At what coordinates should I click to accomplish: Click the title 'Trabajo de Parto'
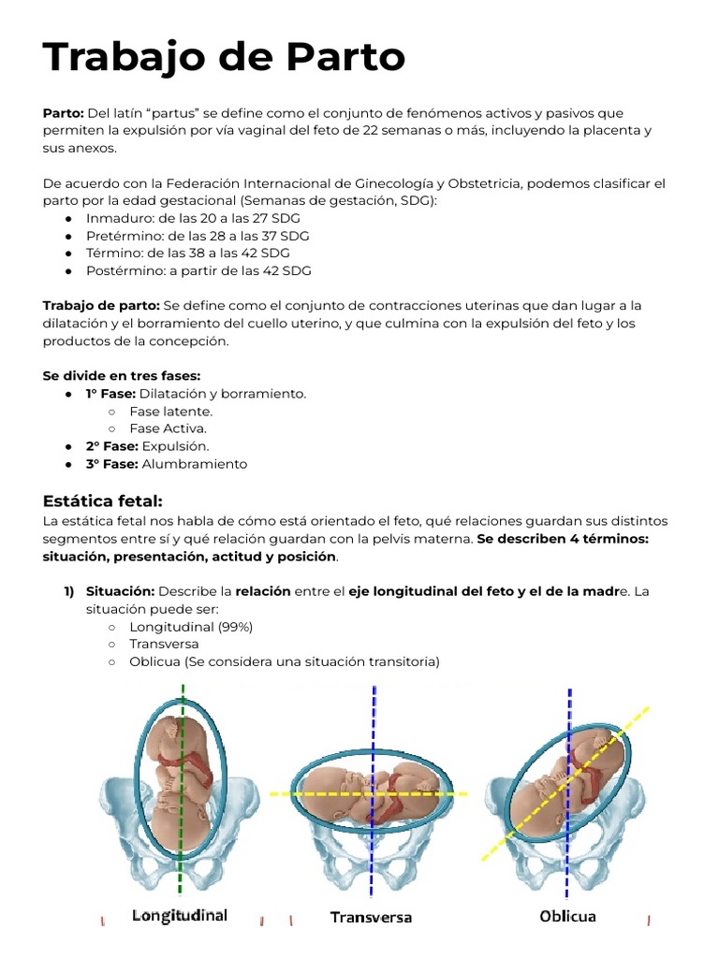tap(224, 58)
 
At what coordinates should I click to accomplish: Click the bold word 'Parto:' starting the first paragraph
tap(64, 113)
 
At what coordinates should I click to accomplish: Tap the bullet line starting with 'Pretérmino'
tap(197, 236)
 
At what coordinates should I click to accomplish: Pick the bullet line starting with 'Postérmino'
tap(198, 271)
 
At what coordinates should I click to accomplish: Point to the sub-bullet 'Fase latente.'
tap(170, 412)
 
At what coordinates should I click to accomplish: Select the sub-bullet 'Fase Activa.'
tap(168, 428)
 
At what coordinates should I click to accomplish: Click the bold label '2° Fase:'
tap(111, 446)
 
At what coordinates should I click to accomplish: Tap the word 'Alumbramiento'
tap(195, 464)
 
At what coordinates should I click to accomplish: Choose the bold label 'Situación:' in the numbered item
tap(120, 591)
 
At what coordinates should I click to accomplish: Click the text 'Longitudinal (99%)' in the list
tap(191, 627)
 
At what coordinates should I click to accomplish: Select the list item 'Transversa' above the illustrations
tap(164, 645)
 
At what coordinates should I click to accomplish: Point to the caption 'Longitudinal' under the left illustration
tap(180, 915)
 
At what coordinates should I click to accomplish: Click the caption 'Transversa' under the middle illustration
tap(371, 918)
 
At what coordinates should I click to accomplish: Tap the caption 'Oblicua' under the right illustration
tap(567, 917)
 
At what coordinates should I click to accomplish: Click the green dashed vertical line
tap(182, 842)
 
